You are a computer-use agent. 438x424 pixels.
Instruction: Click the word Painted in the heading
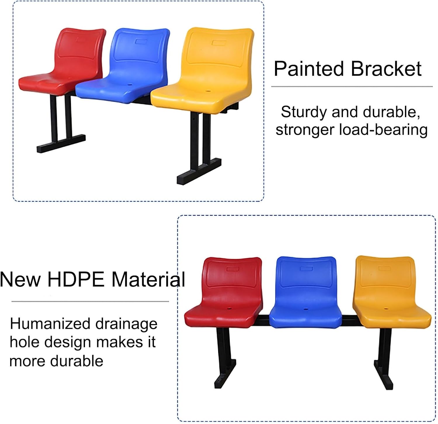tap(309, 69)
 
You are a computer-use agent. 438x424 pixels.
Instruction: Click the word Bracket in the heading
tap(386, 69)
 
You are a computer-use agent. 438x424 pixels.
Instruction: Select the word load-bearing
tap(383, 130)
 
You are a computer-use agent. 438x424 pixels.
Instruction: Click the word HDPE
tap(76, 279)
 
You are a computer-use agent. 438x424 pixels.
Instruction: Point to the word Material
tap(148, 279)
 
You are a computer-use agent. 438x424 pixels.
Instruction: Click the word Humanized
tap(50, 324)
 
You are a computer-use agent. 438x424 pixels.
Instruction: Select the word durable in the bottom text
tap(77, 361)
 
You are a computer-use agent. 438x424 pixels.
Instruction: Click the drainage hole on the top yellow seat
tap(208, 91)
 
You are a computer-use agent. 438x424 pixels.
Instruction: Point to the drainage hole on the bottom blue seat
tap(306, 309)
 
